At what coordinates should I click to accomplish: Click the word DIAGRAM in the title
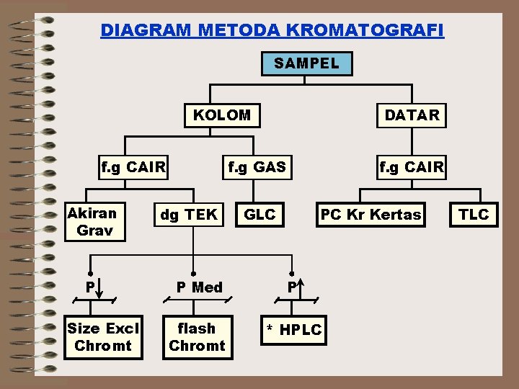(145, 31)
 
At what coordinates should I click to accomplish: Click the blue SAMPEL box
(306, 63)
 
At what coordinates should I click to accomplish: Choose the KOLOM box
(222, 115)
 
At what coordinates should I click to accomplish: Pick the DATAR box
(412, 115)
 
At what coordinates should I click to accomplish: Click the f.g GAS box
(257, 169)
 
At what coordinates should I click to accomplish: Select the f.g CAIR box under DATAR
(412, 169)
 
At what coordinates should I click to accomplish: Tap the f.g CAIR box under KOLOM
(134, 169)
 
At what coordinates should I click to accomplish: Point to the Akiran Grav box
(93, 222)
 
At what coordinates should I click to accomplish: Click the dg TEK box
(189, 215)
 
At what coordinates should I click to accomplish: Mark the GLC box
(259, 215)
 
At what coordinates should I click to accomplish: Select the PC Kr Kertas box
(371, 215)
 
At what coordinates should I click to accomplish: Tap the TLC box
(474, 215)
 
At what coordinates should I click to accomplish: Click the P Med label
(200, 287)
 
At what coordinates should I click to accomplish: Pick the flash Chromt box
(196, 337)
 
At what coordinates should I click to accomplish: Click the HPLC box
(294, 330)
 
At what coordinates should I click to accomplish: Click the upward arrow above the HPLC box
(301, 286)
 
